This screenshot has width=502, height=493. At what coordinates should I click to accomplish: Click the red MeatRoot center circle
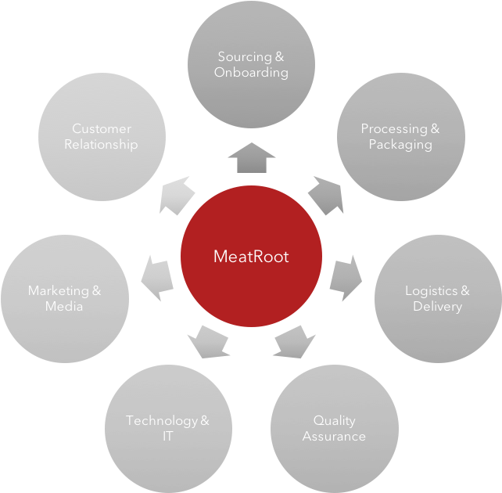[251, 256]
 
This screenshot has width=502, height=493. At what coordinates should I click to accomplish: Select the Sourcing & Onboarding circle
[251, 64]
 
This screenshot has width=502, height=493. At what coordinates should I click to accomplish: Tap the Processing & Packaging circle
[400, 136]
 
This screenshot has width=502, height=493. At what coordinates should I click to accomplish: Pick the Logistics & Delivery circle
[438, 298]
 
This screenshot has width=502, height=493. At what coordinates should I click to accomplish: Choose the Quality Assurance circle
[334, 428]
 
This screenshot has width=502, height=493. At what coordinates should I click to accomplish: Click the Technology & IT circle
[168, 428]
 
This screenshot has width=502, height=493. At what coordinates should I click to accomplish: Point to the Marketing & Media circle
[64, 298]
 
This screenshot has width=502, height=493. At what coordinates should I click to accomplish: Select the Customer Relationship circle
[102, 136]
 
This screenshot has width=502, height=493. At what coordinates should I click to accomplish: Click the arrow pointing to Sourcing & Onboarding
[251, 158]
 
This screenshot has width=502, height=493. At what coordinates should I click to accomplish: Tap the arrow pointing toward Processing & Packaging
[327, 195]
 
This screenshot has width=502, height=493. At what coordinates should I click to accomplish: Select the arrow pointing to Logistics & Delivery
[346, 276]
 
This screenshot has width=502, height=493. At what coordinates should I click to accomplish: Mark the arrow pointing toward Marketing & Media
[156, 277]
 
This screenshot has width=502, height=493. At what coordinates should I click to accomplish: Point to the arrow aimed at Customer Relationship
[176, 195]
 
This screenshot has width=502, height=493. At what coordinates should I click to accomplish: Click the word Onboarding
[251, 73]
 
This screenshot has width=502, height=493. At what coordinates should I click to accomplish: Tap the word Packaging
[400, 145]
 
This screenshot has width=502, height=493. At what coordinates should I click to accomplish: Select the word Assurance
[334, 437]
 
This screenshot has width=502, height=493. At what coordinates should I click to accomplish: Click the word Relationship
[102, 145]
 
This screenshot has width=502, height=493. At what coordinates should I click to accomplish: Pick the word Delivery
[438, 307]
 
